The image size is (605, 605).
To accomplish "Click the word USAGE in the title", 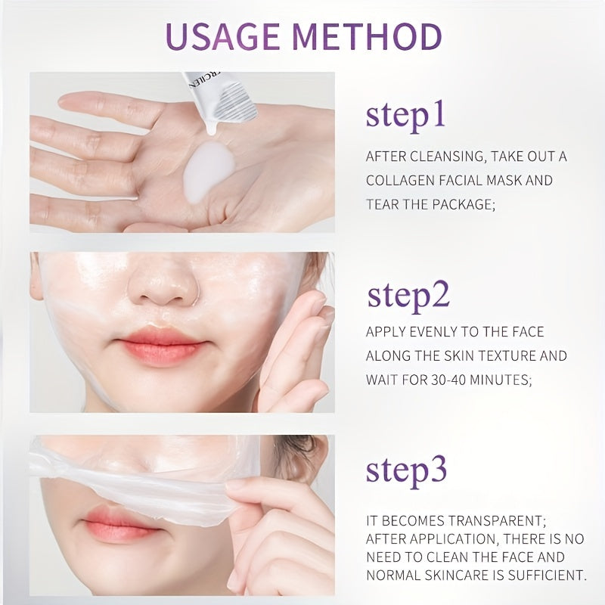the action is tap(223, 36).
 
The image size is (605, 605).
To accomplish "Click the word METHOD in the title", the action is tap(367, 36).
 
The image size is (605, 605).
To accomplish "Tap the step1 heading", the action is tap(405, 116).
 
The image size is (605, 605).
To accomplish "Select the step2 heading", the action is tap(408, 296).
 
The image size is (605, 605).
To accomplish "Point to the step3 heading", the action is tap(406, 471).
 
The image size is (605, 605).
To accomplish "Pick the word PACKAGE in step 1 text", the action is tap(463, 204).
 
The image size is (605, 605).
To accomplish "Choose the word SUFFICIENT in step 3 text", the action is tap(547, 576).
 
